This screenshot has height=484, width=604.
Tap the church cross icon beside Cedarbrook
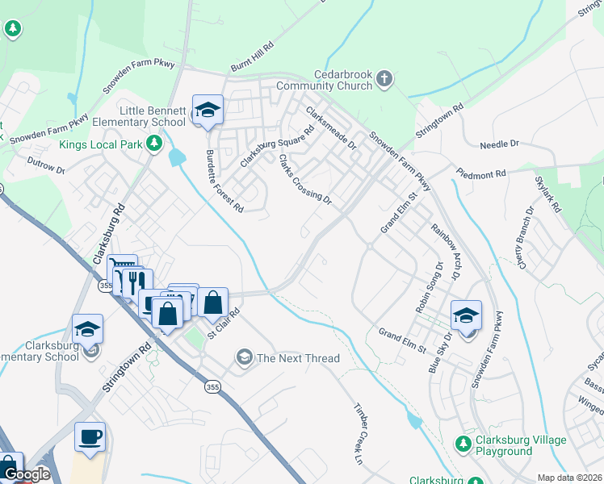click(x=384, y=78)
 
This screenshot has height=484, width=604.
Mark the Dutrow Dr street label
click(x=45, y=166)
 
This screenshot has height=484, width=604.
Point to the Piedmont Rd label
click(x=480, y=173)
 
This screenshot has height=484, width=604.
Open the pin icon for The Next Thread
click(x=244, y=357)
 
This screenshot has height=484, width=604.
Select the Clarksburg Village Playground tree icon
click(x=463, y=444)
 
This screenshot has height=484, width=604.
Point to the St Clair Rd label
click(x=224, y=323)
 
